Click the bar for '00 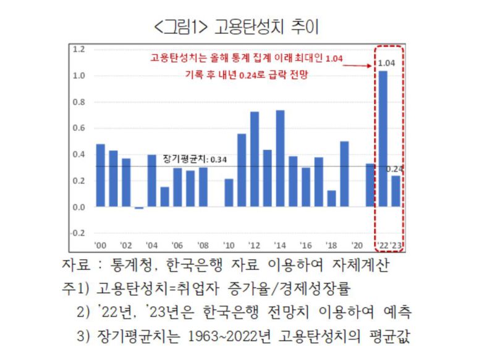pos(100,175)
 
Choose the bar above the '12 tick pos(255,159)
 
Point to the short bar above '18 pos(332,198)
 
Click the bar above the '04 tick pos(151,180)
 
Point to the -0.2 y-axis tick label pos(77,233)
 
